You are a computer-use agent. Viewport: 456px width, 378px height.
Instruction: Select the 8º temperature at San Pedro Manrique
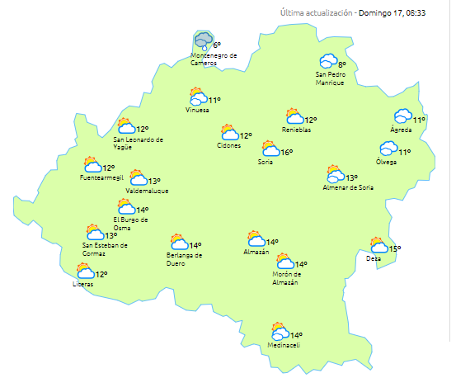tap(341, 64)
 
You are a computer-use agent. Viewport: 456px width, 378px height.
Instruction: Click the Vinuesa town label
tap(197, 110)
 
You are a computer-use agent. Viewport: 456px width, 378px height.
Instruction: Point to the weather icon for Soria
tap(270, 149)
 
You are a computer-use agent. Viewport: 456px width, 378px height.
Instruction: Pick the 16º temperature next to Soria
tap(286, 152)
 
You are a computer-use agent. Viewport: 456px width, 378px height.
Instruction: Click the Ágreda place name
tap(402, 130)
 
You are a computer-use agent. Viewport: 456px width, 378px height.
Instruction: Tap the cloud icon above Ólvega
tap(388, 149)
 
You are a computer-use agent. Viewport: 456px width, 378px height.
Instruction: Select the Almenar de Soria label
tap(348, 187)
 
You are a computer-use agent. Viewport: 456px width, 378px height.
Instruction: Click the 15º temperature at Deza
tap(394, 249)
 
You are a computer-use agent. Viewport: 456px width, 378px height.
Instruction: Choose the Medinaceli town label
tap(283, 346)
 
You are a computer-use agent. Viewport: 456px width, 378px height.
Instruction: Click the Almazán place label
tap(256, 253)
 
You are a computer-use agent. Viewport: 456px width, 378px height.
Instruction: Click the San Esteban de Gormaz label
tap(105, 248)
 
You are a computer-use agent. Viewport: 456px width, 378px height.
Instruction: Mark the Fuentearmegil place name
tap(101, 177)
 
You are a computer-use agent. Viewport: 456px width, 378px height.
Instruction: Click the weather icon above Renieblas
tap(292, 116)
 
